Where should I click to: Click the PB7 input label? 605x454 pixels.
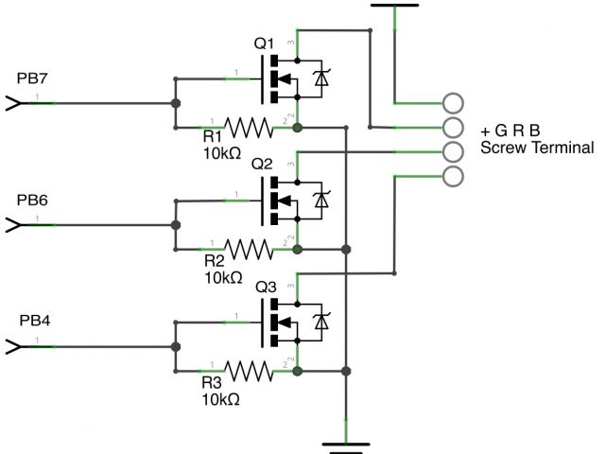[x=32, y=78]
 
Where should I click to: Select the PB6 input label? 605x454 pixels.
[x=32, y=200]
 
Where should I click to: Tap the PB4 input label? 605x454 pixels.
[x=34, y=321]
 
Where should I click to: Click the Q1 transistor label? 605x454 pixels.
[x=264, y=44]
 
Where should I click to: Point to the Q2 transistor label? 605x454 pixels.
[x=262, y=164]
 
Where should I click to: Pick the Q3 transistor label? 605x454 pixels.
[x=266, y=288]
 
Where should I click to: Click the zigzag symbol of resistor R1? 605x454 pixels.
[x=249, y=128]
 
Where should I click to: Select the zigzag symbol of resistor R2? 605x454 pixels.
[x=249, y=250]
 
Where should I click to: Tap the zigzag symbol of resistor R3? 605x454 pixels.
[x=249, y=372]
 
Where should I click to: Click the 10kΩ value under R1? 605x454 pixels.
[x=222, y=153]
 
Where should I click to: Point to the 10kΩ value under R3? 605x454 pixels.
[x=220, y=399]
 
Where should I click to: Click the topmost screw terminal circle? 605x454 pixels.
[x=453, y=94]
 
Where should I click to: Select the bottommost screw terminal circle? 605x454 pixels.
[x=453, y=166]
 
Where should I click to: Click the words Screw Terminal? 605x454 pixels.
[x=537, y=148]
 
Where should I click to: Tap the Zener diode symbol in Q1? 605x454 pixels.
[x=321, y=79]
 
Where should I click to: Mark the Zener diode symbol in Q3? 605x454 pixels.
[x=321, y=322]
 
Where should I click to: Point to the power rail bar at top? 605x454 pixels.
[x=394, y=6]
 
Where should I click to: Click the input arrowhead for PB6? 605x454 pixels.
[x=13, y=225]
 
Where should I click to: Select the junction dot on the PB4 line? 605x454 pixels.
[x=176, y=347]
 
